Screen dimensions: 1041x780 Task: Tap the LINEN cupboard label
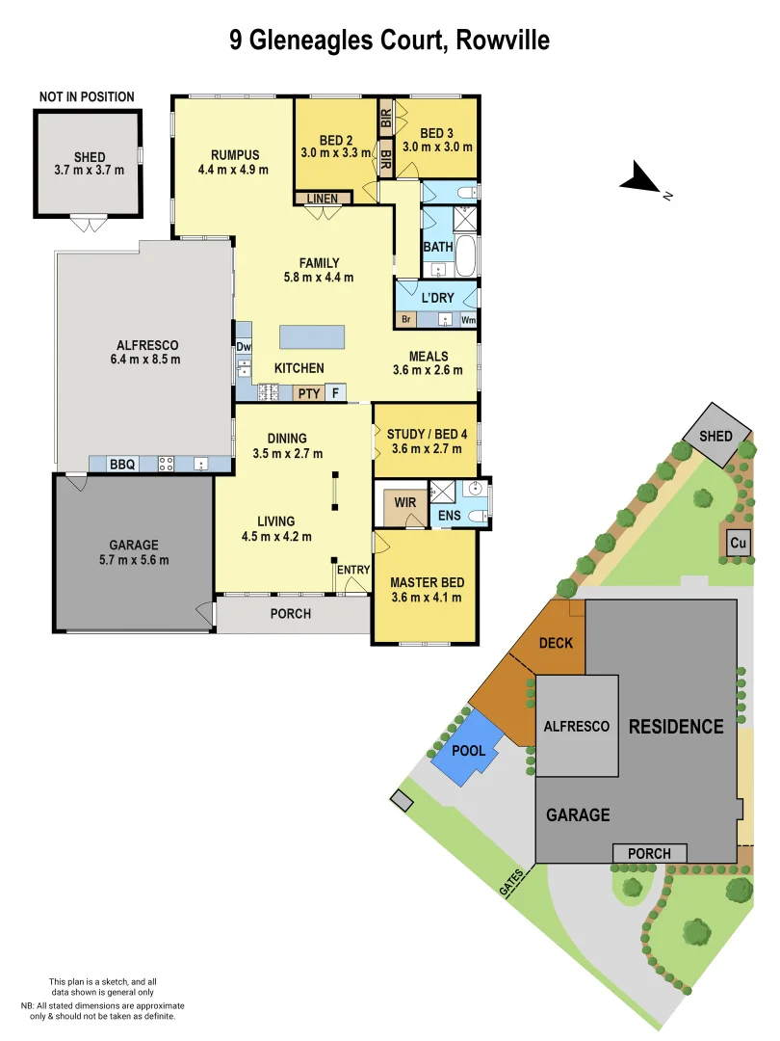(323, 199)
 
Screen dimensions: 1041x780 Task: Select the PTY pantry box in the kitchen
(308, 392)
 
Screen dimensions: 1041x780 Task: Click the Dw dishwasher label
(243, 346)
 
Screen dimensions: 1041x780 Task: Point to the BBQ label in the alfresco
(122, 465)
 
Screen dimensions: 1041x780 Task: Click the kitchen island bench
(312, 336)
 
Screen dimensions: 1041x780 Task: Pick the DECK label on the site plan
(556, 643)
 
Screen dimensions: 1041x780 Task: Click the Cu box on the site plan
(739, 543)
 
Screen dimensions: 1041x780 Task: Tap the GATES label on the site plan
(512, 880)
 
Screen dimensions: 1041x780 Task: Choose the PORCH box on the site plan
(649, 853)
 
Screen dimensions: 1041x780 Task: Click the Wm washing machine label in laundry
(469, 319)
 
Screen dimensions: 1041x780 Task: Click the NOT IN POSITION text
(87, 97)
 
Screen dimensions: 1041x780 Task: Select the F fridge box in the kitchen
(335, 392)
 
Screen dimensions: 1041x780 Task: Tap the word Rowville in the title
(501, 40)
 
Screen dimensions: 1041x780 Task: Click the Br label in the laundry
(406, 319)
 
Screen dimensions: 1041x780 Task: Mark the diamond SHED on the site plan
(715, 436)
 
